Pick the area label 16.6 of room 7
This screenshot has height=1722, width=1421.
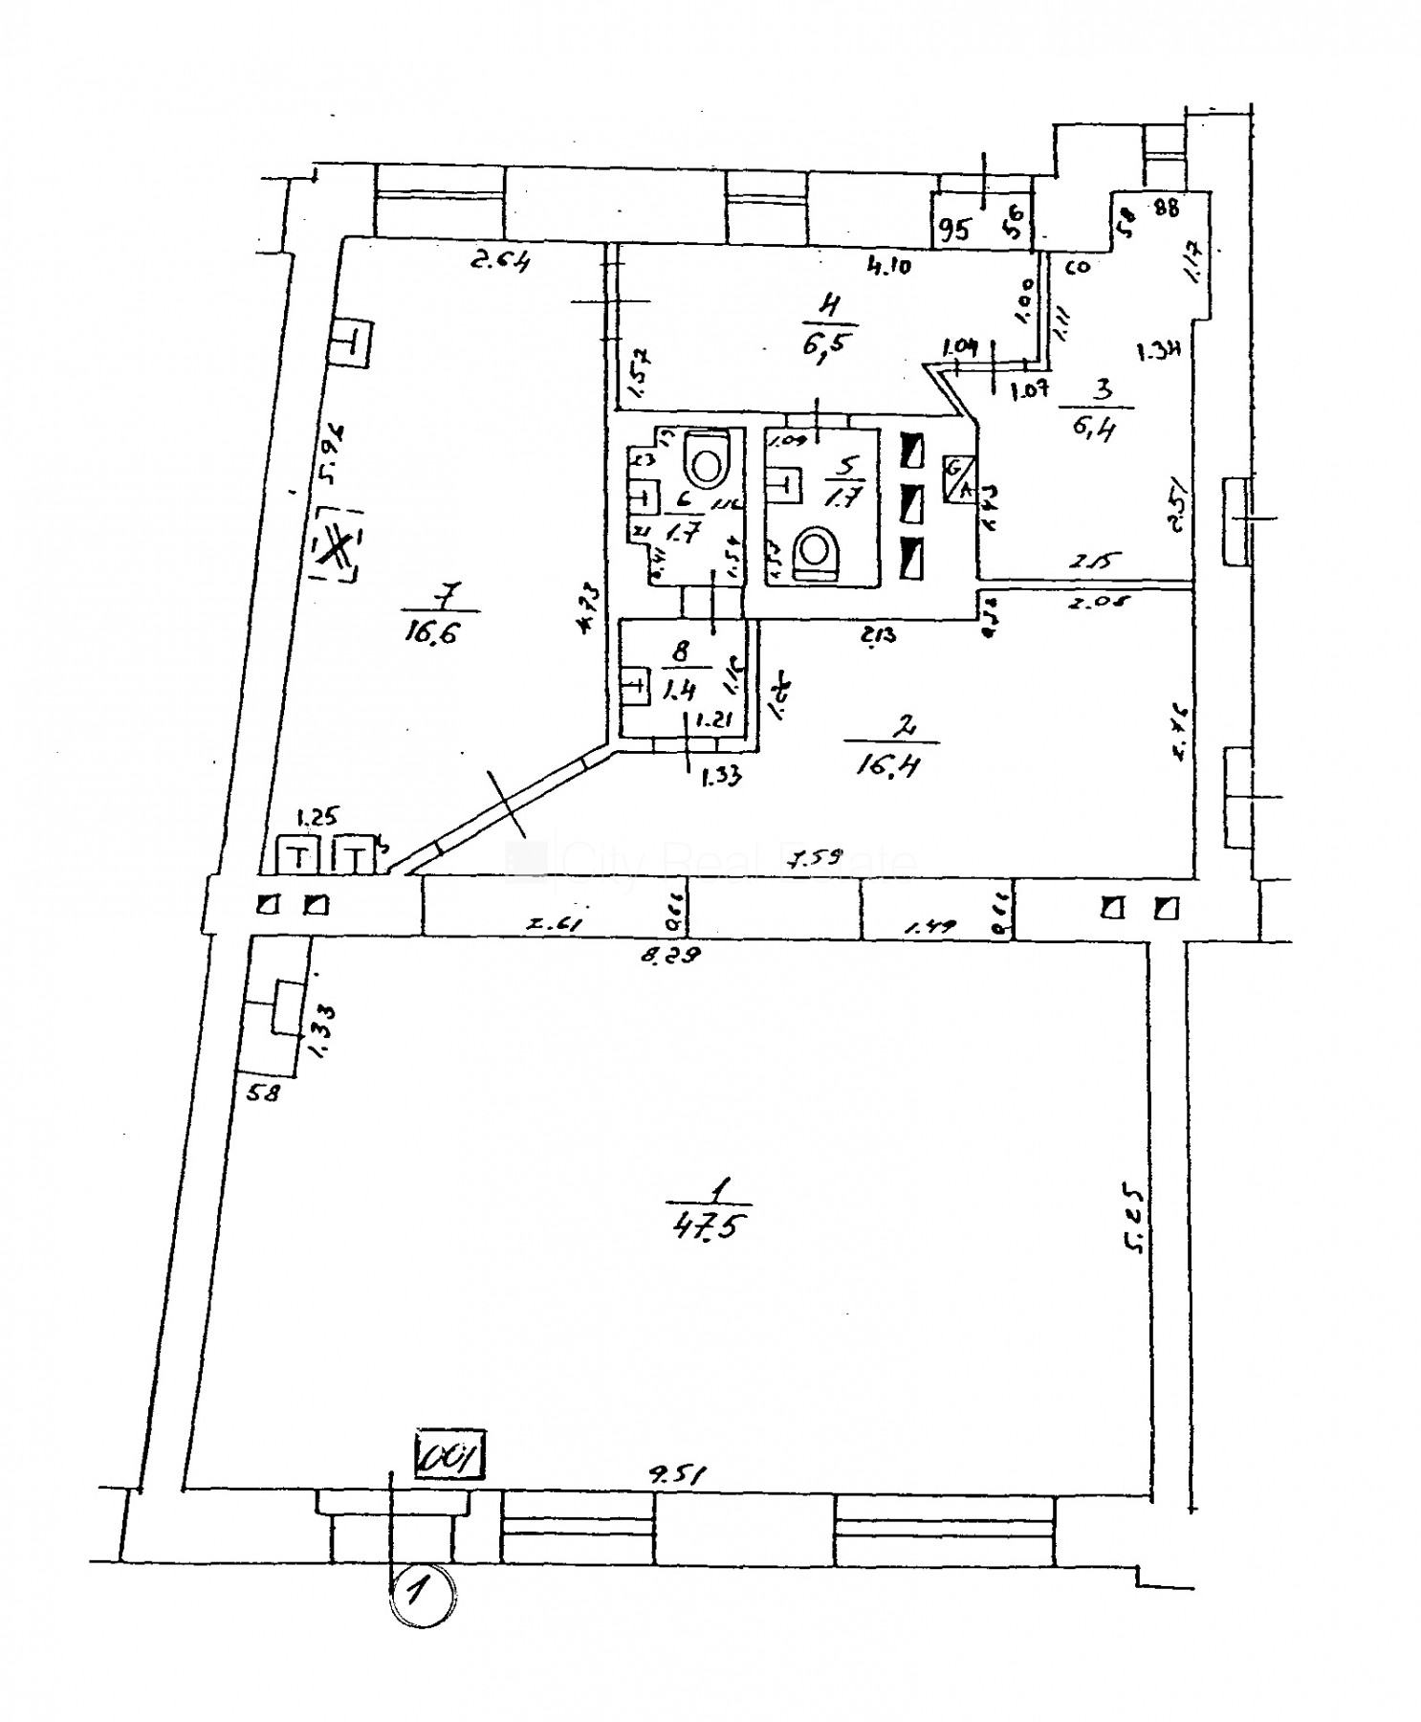click(x=439, y=630)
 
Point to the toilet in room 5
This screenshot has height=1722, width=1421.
click(x=816, y=552)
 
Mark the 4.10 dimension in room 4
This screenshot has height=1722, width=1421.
click(x=888, y=266)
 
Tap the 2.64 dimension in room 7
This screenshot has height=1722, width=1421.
click(x=499, y=258)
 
